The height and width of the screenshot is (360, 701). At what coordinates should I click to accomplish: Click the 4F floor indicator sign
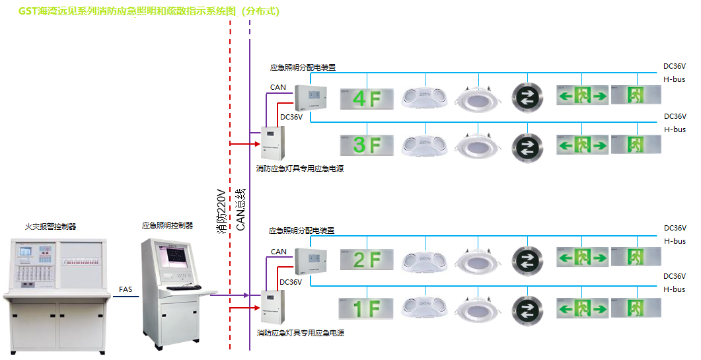(367, 99)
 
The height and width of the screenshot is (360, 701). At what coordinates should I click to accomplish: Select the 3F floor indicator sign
(367, 145)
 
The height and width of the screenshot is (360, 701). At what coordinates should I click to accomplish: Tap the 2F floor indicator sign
(367, 259)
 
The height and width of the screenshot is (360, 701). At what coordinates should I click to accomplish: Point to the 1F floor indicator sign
(367, 308)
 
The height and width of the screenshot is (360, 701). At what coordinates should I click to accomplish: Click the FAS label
(126, 289)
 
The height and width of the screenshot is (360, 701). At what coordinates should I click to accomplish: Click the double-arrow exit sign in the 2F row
(582, 258)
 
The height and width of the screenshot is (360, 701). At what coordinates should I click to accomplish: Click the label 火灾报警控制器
(51, 227)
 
